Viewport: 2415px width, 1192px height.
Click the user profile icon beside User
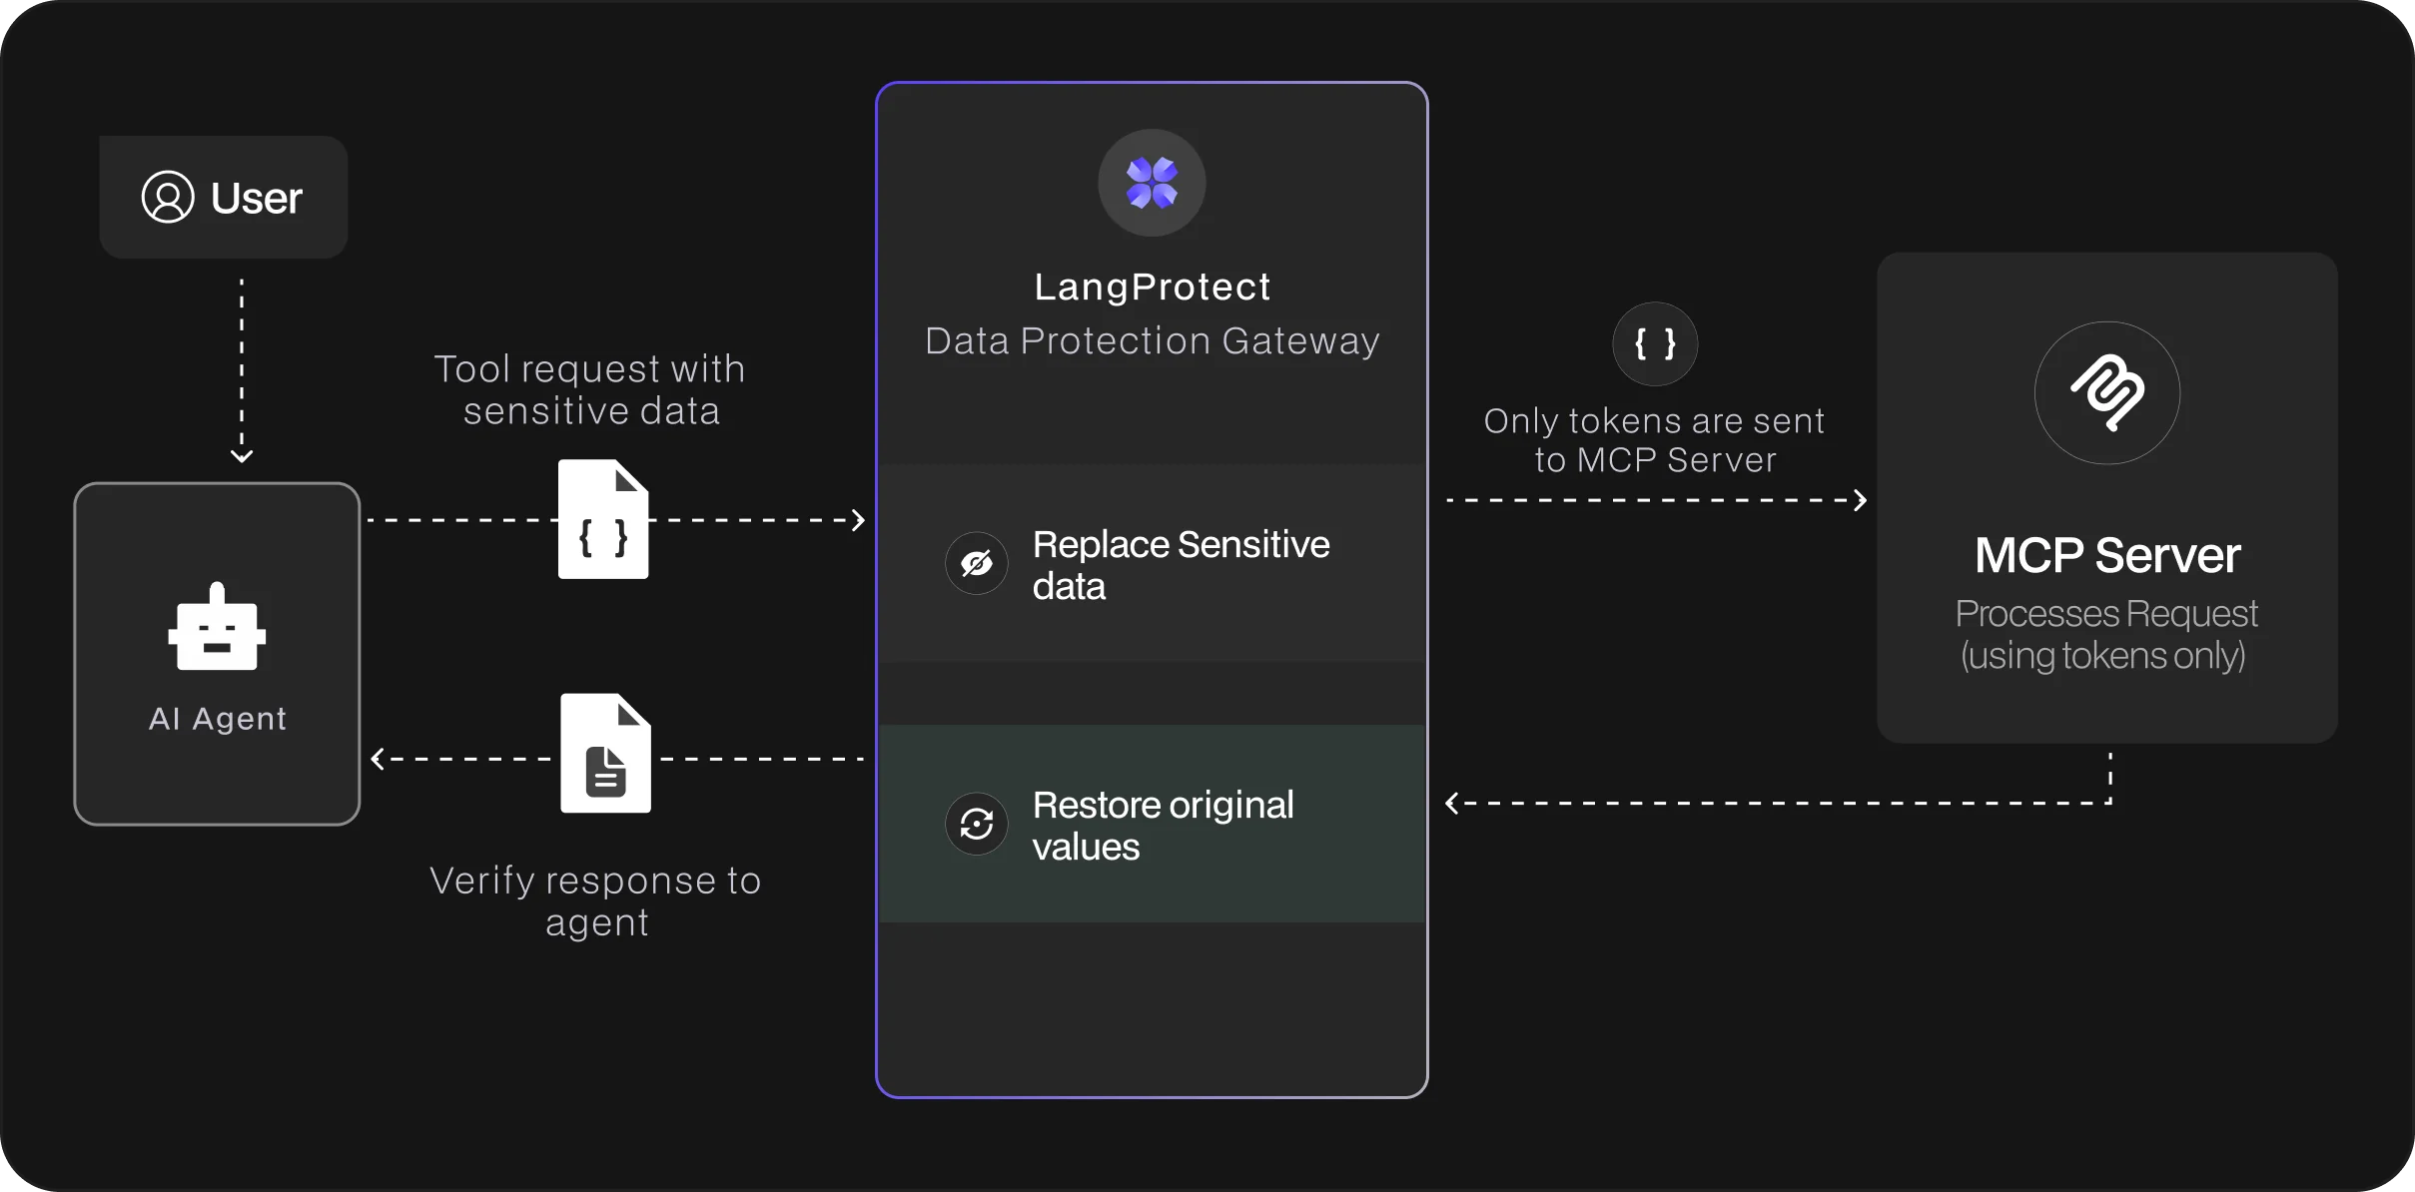click(168, 197)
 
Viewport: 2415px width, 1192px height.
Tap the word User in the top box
click(256, 198)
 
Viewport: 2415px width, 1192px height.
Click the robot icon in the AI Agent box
click(218, 626)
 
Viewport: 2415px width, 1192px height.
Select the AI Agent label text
click(218, 718)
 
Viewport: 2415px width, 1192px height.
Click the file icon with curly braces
click(603, 519)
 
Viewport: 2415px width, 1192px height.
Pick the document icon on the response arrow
click(605, 754)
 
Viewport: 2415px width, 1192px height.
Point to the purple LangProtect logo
click(1152, 183)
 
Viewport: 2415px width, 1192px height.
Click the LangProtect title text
click(1153, 288)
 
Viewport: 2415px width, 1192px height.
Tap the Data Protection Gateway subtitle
click(1153, 341)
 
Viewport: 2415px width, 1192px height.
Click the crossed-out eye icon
click(976, 563)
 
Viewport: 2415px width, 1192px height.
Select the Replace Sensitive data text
click(1181, 565)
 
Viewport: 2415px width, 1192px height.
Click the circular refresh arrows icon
click(976, 824)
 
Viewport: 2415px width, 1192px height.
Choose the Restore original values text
click(1163, 826)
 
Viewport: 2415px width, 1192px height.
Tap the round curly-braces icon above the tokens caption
click(1655, 344)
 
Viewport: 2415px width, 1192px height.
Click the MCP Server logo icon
click(2107, 392)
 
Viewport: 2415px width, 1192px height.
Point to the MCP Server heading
click(2107, 555)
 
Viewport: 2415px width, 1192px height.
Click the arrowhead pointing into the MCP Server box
click(1860, 500)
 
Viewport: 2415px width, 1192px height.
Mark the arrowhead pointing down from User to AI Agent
click(242, 456)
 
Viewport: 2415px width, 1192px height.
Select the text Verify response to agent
click(596, 901)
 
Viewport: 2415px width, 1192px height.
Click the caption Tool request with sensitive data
click(590, 390)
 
